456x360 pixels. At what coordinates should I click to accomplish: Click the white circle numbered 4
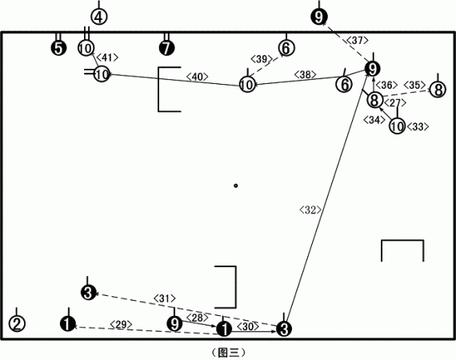99,17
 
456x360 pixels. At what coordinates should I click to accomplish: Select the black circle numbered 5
58,48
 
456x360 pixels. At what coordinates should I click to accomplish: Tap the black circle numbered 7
166,48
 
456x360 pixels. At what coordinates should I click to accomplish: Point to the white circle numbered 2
17,323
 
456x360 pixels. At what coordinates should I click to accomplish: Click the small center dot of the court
236,186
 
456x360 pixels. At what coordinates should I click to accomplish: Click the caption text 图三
228,353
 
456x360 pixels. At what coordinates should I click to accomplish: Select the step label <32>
310,210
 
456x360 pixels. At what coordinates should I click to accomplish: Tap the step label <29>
122,325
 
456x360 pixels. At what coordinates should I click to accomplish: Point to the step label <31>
165,298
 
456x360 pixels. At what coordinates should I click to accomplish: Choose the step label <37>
358,40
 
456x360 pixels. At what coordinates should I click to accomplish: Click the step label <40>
197,77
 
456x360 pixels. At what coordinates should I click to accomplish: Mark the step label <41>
107,58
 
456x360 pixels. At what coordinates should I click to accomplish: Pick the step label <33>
418,126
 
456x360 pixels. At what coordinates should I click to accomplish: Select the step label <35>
414,85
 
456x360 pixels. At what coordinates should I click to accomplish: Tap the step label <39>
262,59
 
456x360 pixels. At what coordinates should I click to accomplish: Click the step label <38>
305,74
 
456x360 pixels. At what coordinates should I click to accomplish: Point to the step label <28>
197,318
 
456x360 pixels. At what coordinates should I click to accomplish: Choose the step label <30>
248,326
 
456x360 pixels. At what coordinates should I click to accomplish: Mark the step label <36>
386,85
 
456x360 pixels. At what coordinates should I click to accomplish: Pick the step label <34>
374,120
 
